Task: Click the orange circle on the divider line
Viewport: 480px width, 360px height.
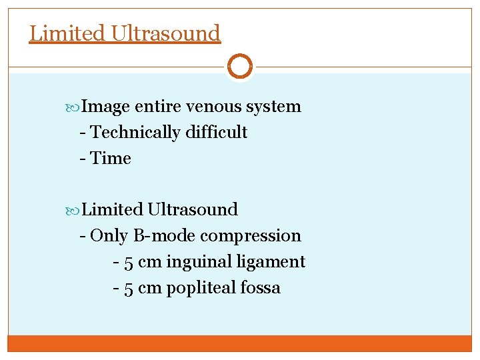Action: [239, 66]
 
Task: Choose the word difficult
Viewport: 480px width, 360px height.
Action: [217, 133]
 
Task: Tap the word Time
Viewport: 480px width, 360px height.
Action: [111, 159]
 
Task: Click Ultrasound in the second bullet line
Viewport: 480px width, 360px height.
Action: [193, 209]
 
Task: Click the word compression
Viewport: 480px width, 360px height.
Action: [251, 236]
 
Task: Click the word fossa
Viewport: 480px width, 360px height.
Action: [261, 288]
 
